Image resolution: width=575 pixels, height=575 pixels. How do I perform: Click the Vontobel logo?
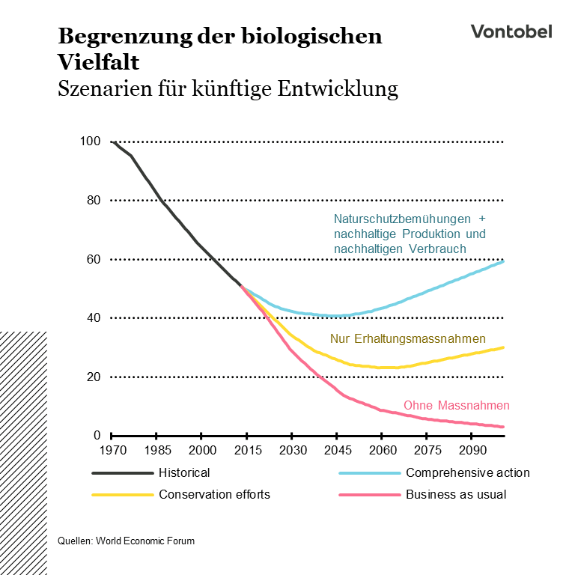coord(511,31)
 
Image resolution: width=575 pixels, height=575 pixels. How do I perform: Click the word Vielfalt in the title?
coord(97,61)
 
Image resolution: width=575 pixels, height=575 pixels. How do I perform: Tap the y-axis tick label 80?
coord(93,200)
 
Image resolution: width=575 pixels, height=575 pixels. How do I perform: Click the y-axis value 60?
coord(93,259)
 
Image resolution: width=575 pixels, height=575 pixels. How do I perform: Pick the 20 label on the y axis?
coord(93,377)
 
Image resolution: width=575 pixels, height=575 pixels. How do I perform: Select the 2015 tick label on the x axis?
coord(247,451)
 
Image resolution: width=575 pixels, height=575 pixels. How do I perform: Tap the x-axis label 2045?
coord(337,451)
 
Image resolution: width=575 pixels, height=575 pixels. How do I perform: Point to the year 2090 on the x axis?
coord(472,451)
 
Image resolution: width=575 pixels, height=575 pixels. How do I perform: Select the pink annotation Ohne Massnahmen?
coord(456,406)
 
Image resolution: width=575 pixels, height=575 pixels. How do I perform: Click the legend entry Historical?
coord(184,473)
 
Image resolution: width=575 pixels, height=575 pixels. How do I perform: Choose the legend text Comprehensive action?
coord(467,473)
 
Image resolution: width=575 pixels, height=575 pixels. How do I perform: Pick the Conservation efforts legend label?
coord(214,494)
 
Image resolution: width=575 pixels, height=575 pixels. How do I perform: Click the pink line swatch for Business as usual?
coord(368,494)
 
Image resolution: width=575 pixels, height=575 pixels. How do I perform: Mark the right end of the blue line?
coord(503,261)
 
